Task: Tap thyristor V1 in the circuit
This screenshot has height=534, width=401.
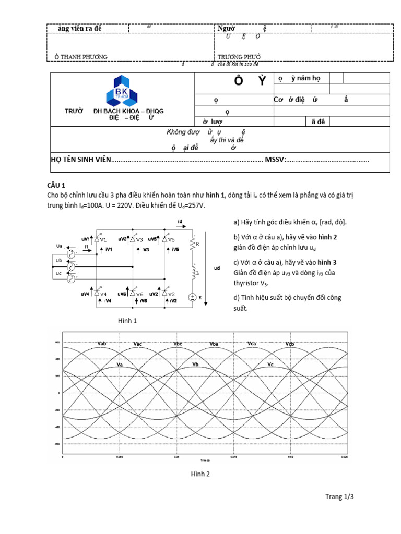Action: click(96, 239)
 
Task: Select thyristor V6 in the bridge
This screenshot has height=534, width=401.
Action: click(133, 294)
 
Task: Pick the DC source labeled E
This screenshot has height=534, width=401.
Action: click(192, 297)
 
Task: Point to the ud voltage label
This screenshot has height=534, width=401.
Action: click(217, 268)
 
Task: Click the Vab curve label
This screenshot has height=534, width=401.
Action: click(102, 344)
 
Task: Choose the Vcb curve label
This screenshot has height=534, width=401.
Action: click(290, 344)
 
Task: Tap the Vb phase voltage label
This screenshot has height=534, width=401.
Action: click(195, 364)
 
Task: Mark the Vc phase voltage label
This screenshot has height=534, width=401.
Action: click(270, 364)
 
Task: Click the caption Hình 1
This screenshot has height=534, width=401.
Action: click(127, 321)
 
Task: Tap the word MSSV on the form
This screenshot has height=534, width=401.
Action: click(275, 159)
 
